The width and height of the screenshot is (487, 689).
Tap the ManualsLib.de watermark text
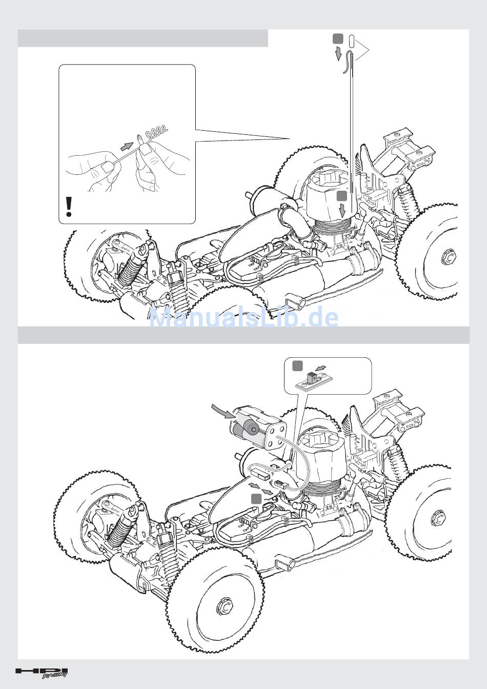coord(243,317)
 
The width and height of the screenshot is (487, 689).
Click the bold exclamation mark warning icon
coord(69,207)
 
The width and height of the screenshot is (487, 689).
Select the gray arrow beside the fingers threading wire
coord(127,147)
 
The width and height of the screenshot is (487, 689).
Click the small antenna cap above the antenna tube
coord(352,40)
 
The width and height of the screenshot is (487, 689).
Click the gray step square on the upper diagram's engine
coord(342,196)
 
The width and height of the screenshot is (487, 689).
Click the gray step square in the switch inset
coord(297,366)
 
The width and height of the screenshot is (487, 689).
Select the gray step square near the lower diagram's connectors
coord(256,499)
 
